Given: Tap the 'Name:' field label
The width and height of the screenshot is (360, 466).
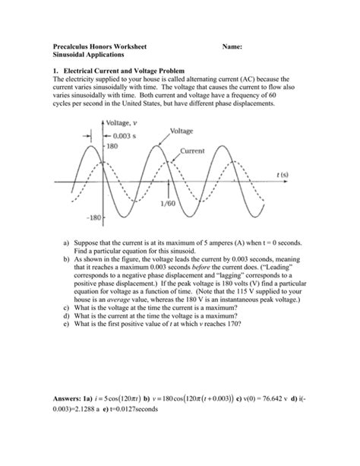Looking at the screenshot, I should pyautogui.click(x=232, y=46).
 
